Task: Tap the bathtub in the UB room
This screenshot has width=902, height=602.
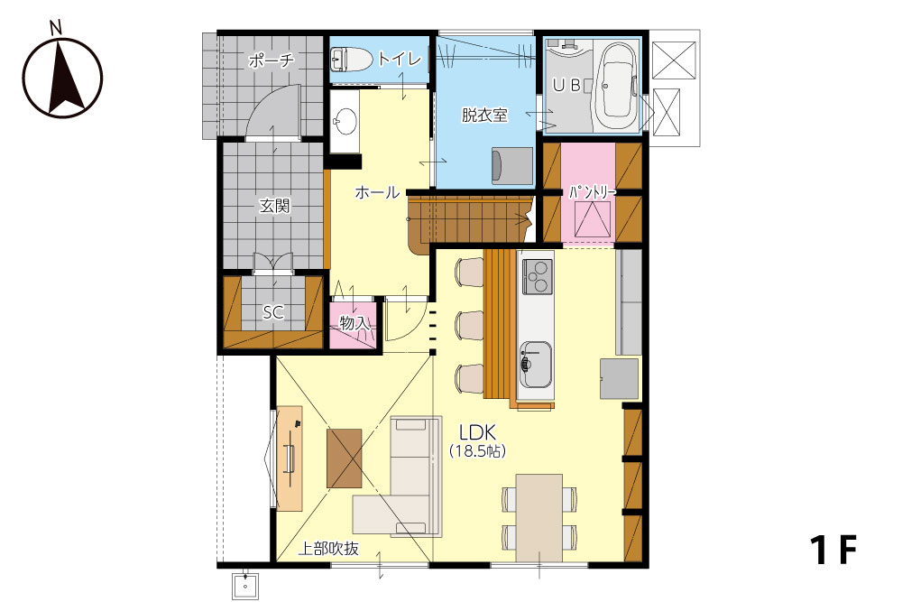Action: (617, 87)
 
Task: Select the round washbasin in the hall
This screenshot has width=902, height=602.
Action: (345, 122)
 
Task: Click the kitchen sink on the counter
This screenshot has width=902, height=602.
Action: (536, 365)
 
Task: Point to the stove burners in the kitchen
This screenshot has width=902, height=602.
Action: (537, 276)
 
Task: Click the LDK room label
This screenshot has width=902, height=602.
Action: (477, 432)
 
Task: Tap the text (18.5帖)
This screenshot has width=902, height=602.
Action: (477, 450)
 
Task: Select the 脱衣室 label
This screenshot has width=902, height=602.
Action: (484, 116)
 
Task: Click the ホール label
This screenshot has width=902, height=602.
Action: (377, 192)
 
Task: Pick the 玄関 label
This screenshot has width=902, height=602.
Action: (274, 206)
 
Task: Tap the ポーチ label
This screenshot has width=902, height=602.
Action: (272, 60)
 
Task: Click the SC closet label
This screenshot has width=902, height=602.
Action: (273, 312)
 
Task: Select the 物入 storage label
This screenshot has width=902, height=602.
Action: (354, 323)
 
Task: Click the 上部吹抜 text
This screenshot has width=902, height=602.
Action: (328, 549)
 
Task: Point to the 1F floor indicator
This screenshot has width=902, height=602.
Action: (833, 550)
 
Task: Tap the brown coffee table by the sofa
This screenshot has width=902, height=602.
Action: (344, 458)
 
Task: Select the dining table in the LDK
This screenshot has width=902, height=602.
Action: (539, 517)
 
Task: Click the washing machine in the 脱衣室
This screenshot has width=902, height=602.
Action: (512, 166)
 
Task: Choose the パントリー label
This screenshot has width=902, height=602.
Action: (593, 192)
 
